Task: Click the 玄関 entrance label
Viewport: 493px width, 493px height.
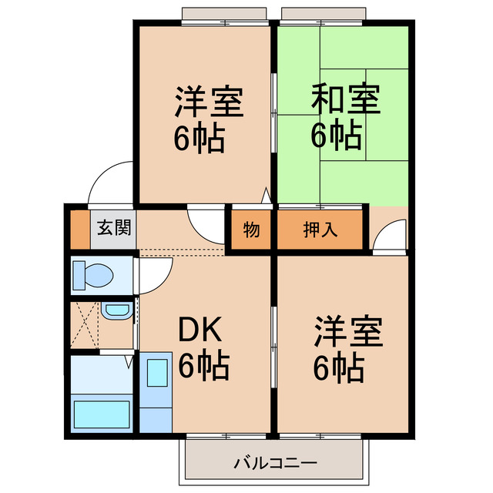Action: point(114,229)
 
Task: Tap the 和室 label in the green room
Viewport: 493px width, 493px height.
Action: point(346,100)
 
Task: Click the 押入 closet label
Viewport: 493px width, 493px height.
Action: point(320,230)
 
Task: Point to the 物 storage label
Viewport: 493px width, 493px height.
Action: point(250,230)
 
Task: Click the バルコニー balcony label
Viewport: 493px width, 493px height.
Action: point(274,464)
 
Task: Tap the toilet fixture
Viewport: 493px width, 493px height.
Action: point(93,274)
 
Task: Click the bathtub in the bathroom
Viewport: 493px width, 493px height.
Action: point(102,414)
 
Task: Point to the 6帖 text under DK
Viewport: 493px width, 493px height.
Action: point(203,367)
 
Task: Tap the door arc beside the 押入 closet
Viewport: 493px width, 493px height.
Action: point(389,235)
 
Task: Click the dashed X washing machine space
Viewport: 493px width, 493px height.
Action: point(86,324)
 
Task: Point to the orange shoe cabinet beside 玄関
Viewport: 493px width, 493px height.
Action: point(77,229)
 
